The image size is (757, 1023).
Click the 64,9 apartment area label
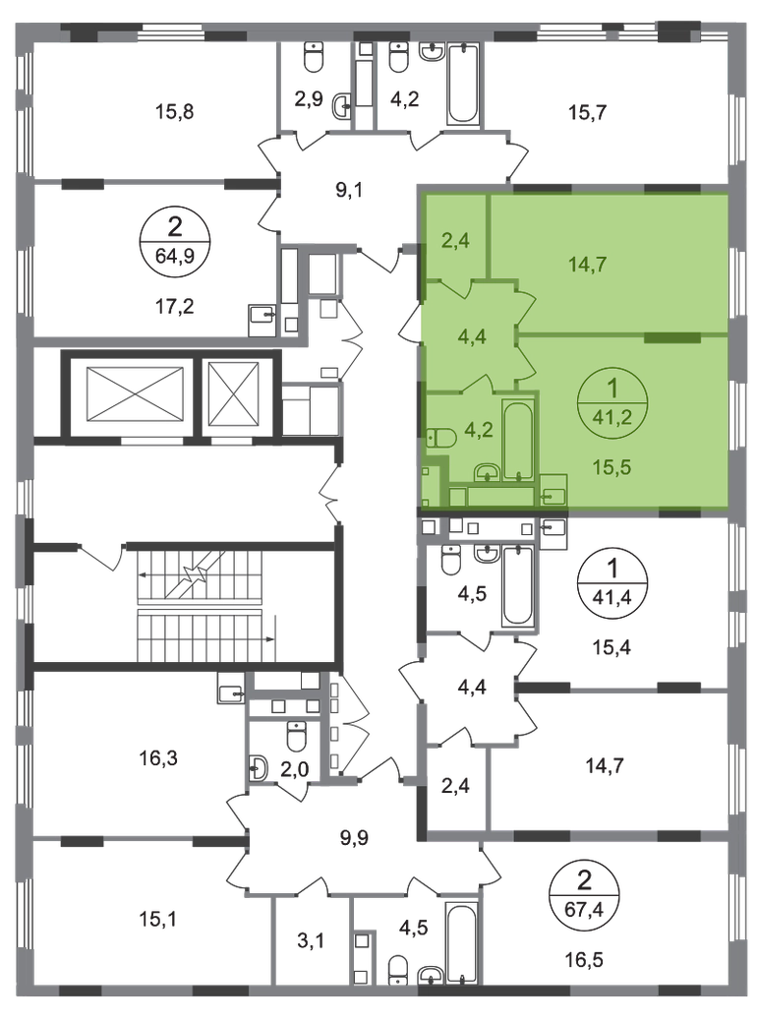pos(174,254)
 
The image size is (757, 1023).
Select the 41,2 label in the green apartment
pos(612,416)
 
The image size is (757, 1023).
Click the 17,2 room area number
pos(174,305)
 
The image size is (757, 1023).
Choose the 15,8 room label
pos(174,111)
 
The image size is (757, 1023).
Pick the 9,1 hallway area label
pos(349,191)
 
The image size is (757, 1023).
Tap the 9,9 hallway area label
pos(354,837)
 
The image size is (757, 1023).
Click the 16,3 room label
pos(157,758)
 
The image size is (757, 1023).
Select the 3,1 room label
pos(311,940)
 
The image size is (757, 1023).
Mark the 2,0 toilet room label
pos(295,770)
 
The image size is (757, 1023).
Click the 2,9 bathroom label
pos(309,99)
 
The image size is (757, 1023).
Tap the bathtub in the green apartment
pos(518,441)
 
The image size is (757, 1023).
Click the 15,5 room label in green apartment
pos(611,467)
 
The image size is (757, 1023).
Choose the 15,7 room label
pos(587,112)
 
